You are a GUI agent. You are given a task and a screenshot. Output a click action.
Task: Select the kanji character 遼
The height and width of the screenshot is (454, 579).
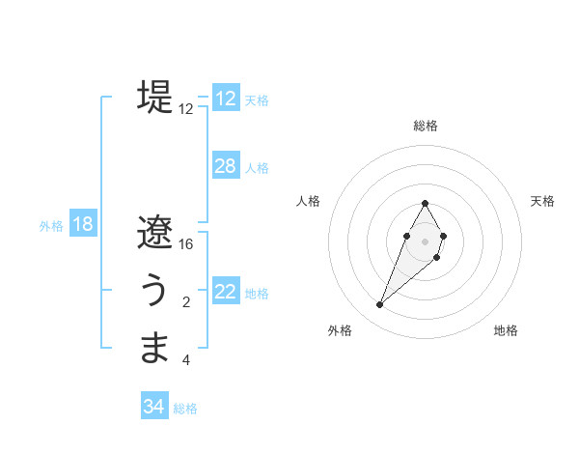click(154, 232)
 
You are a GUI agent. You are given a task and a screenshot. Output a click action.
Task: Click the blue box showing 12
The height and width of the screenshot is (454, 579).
click(226, 99)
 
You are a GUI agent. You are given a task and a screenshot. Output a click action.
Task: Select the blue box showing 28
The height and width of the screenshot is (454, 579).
click(226, 166)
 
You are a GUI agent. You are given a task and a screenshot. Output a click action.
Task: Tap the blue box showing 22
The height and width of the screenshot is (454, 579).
click(226, 292)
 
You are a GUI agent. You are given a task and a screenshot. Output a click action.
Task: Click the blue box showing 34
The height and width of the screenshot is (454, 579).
click(154, 407)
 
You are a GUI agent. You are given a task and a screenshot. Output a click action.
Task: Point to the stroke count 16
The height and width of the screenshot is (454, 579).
click(186, 244)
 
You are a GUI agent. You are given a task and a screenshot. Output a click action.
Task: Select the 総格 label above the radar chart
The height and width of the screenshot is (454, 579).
click(426, 126)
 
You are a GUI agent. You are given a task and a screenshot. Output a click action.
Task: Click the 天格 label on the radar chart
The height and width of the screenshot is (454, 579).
click(542, 201)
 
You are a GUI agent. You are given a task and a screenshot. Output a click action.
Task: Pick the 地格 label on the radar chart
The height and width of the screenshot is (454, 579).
click(506, 330)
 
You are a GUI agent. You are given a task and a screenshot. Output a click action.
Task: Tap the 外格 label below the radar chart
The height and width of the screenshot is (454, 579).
click(340, 330)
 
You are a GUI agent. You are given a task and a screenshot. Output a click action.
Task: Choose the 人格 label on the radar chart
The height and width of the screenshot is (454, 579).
click(309, 201)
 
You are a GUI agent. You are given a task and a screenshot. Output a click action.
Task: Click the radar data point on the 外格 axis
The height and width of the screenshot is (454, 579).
click(379, 304)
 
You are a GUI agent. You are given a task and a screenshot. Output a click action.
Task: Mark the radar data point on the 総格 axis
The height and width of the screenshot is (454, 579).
click(425, 203)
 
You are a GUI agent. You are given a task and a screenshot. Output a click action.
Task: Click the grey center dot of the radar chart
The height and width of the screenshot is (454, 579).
click(425, 241)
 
